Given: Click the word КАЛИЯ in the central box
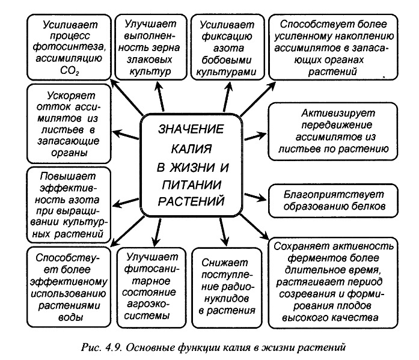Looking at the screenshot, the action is pos(191,149).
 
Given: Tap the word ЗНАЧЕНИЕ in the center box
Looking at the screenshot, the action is pos(191,129).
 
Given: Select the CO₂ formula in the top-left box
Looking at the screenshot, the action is pos(70,70).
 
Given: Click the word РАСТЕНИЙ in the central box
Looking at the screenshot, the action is pos(191,201).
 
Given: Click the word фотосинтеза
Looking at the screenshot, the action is pos(69,47).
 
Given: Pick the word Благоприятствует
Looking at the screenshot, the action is pos(334,195).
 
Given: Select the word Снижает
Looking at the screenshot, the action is pos(224,263).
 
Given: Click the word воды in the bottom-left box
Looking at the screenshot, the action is pos(70,317).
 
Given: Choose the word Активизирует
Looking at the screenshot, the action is pos(338,113).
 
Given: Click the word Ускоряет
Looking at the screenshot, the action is pos(71,96).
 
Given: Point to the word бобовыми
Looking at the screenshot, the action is pos(227,60).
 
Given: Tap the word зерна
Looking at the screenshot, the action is pos(165,48).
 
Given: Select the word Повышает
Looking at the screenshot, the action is pos(67,176).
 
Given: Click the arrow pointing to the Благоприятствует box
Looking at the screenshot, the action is pos(255,197).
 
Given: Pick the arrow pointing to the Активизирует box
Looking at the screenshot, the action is pos(255,136).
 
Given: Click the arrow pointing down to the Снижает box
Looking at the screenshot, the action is pos(224,231).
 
